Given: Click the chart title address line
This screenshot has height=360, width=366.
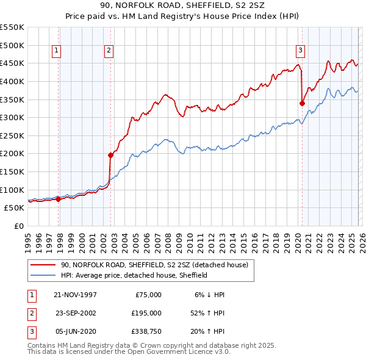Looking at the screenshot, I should [x=182, y=5].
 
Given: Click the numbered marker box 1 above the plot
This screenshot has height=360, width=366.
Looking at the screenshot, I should [x=56, y=51].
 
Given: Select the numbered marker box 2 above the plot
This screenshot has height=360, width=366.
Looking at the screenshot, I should [x=109, y=51].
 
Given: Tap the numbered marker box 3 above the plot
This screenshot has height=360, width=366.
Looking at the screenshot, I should [x=300, y=51].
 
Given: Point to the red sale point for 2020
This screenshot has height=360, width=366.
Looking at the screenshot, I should [x=302, y=103].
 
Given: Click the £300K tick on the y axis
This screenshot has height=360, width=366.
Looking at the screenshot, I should [x=12, y=117].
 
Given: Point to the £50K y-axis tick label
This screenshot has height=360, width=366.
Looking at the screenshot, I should [x=15, y=208].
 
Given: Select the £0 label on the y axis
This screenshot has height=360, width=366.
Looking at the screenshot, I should [x=19, y=226].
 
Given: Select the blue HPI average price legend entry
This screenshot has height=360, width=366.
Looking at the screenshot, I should [x=134, y=275].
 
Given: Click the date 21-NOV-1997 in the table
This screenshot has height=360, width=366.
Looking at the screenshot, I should [x=75, y=294].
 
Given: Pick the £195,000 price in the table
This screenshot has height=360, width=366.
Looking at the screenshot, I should [x=147, y=312].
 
